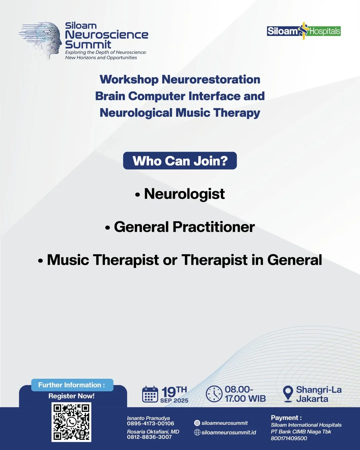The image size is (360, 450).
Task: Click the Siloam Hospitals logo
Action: click(304, 31)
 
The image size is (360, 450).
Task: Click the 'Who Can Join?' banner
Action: click(180, 161)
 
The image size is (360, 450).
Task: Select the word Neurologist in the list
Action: click(184, 194)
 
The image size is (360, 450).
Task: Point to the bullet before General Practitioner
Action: click(108, 228)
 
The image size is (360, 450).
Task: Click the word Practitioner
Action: click(214, 227)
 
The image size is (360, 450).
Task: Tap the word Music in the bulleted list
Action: click(68, 260)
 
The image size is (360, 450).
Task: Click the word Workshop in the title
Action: click(129, 79)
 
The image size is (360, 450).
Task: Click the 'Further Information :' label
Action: click(72, 385)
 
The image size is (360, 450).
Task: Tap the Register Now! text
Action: click(72, 396)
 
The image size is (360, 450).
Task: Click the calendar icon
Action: click(150, 394)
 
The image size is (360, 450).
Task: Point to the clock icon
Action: click(214, 394)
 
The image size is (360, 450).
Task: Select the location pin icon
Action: click(288, 394)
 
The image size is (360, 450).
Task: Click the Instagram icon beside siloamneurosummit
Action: click(197, 423)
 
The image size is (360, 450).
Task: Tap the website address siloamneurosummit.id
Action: click(229, 432)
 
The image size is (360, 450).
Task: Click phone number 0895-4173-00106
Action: click(150, 424)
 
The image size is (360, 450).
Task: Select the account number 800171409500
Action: click(289, 438)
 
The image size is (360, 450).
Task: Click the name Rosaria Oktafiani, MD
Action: click(153, 432)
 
